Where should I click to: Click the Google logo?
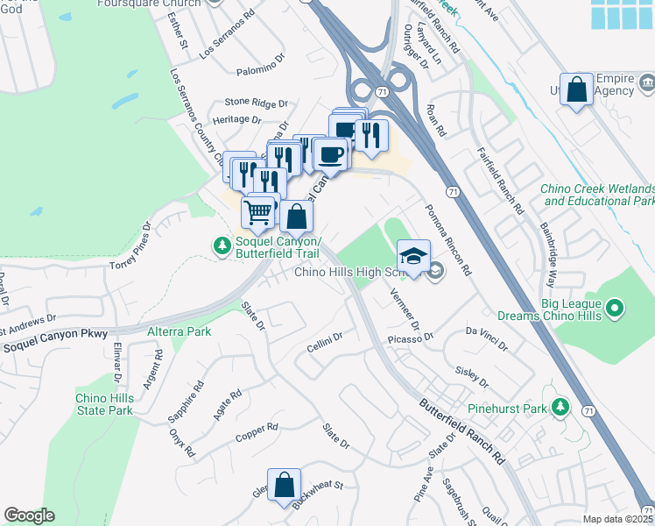coord(28,515)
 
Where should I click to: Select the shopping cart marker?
coord(257,212)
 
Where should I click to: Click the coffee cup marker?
coord(329,155)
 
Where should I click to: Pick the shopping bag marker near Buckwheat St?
coord(284,485)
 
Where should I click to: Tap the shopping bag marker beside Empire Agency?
coord(577,89)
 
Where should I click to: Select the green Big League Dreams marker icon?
coord(616,308)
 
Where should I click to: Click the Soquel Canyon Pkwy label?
coord(54,335)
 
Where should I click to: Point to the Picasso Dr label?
coord(417,338)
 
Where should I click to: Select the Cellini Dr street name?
coord(324,340)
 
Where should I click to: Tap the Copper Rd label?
coord(257,432)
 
